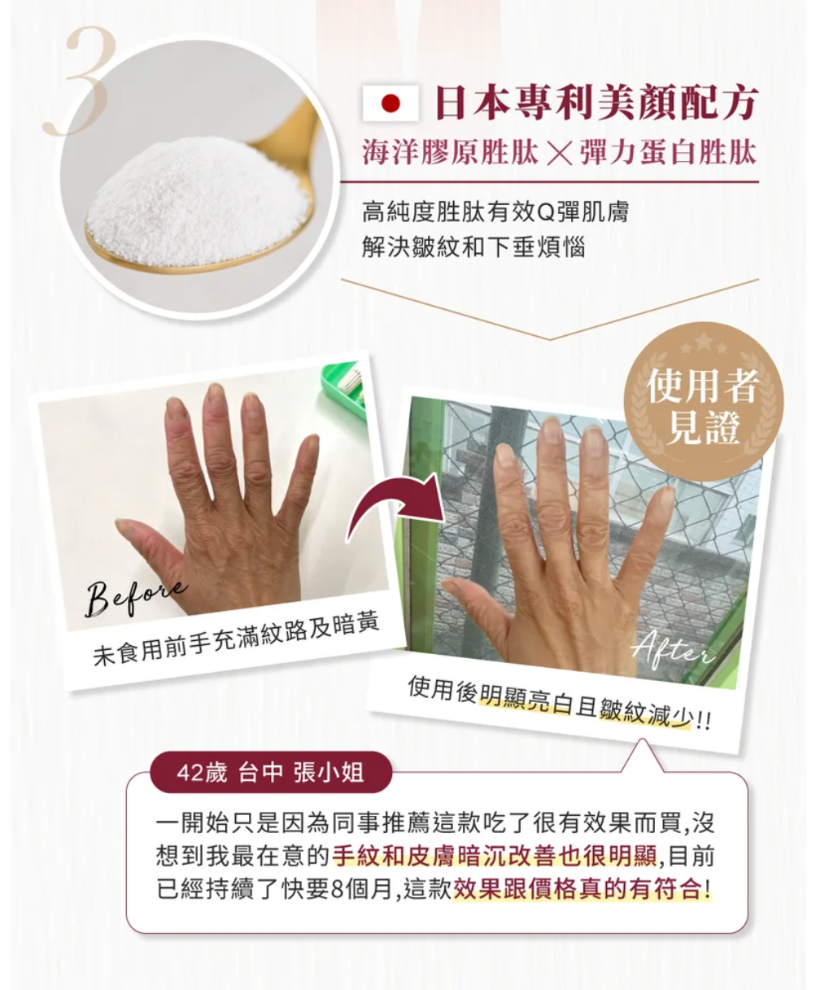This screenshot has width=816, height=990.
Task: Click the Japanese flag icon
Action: [391, 105]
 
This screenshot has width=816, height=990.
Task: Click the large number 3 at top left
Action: [81, 81]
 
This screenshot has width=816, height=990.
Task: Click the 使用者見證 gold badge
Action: [701, 407]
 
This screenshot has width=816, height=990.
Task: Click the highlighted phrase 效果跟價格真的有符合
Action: [581, 888]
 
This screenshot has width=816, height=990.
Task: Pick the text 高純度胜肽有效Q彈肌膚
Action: [495, 213]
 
